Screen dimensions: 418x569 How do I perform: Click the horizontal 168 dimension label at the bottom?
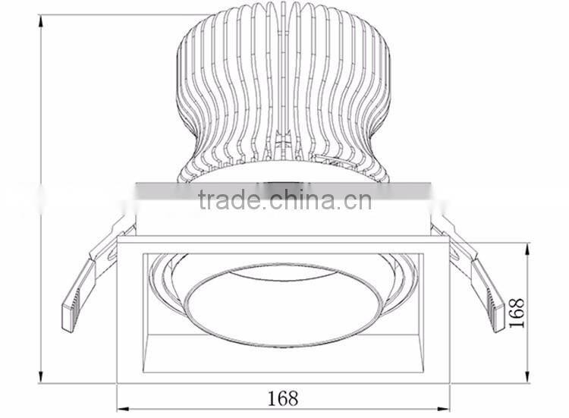[x=282, y=398]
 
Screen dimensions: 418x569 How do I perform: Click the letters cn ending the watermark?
[x=355, y=200]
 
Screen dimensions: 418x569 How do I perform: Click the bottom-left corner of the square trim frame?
[x=118, y=381]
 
